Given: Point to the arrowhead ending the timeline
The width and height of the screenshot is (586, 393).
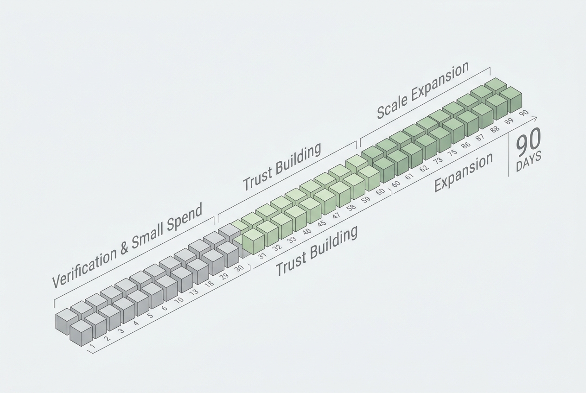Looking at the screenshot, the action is point(534,119).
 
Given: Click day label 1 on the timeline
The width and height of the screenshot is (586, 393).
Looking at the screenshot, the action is point(92,346).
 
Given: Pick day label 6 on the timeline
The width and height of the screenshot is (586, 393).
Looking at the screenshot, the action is point(164,308).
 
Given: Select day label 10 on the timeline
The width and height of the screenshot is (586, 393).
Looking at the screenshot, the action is point(179,300).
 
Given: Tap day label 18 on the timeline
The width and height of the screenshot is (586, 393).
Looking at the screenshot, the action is point(209,284).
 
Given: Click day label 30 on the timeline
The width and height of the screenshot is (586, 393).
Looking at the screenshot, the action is point(239,268).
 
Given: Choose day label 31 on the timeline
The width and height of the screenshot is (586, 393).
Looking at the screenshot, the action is point(262,255).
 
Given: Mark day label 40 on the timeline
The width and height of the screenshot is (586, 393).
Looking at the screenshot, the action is point(307,232).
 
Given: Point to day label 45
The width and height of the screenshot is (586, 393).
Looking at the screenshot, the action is point(322,224).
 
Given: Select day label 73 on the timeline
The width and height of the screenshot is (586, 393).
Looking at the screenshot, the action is point(438,160).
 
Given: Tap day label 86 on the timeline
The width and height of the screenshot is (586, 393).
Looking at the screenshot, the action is point(466,145).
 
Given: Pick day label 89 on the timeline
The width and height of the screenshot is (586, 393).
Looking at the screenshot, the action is point(509,121).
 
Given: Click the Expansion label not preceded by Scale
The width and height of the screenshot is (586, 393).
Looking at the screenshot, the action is point(464,172).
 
